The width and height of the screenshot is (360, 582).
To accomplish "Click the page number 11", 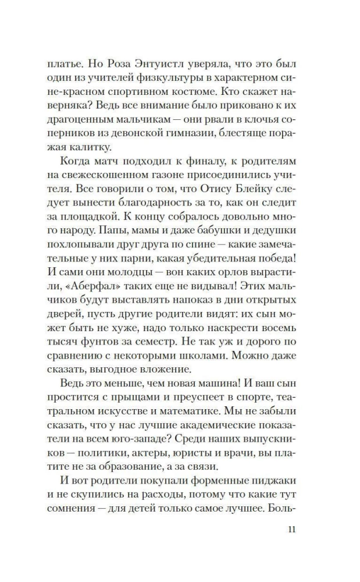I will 292,530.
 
